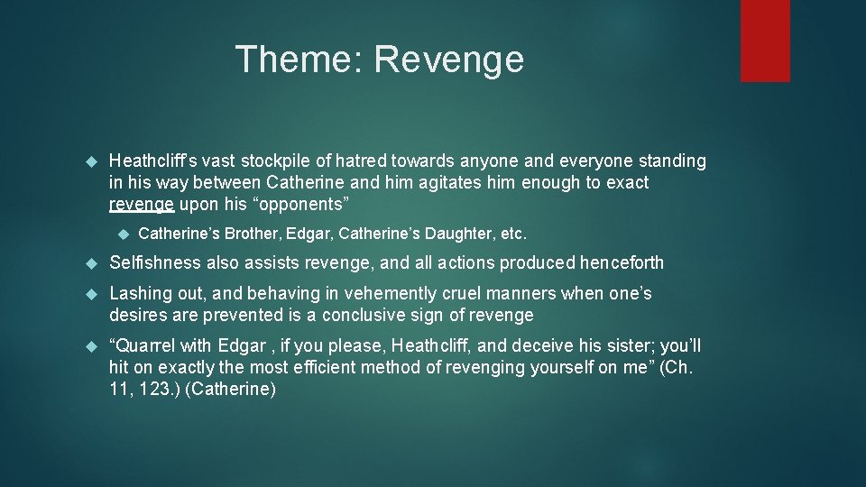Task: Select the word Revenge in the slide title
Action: (448, 60)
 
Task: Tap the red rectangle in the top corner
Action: (765, 41)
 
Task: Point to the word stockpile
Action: (300, 161)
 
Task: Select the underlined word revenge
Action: (141, 205)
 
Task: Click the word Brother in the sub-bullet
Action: (253, 234)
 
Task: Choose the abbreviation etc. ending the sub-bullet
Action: (512, 234)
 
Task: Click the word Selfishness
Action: (154, 263)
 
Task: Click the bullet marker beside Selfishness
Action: (90, 263)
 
